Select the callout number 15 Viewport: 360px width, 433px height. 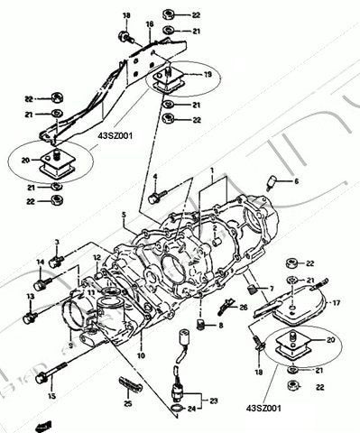[51, 393]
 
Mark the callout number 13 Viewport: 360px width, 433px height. [31, 295]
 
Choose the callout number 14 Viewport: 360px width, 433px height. [40, 262]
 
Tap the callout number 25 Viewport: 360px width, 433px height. [126, 402]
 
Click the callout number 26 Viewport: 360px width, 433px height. [243, 308]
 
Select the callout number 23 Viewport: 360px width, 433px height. [215, 399]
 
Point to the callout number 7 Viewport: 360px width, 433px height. [268, 288]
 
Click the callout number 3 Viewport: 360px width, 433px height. [56, 242]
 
